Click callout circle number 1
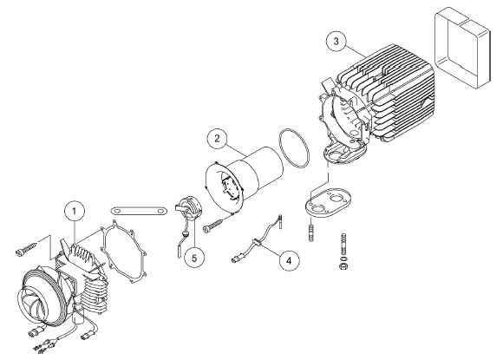tap(75, 212)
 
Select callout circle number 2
tap(218, 139)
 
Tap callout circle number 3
tap(336, 42)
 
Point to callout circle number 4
tap(289, 260)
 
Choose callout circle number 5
tap(194, 258)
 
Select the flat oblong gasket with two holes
tap(139, 211)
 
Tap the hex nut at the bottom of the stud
tap(343, 266)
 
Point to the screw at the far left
tap(26, 249)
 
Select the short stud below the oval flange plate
tap(310, 230)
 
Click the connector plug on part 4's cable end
tap(236, 258)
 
